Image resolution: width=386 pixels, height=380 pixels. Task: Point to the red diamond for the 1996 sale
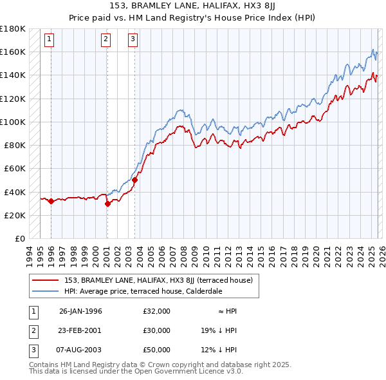[x=51, y=202]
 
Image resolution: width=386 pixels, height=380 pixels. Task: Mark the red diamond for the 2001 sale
[x=107, y=204]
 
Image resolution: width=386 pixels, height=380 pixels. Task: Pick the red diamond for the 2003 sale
[x=135, y=180]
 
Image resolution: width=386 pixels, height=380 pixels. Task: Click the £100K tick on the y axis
[x=13, y=122]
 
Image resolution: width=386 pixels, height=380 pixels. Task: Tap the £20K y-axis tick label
[x=14, y=215]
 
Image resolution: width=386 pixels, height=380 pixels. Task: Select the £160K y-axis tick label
[x=13, y=52]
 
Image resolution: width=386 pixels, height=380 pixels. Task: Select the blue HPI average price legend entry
[x=143, y=291]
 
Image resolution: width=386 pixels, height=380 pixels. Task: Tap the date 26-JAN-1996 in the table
[x=80, y=311]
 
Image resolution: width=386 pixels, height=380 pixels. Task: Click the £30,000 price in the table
[x=157, y=330]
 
